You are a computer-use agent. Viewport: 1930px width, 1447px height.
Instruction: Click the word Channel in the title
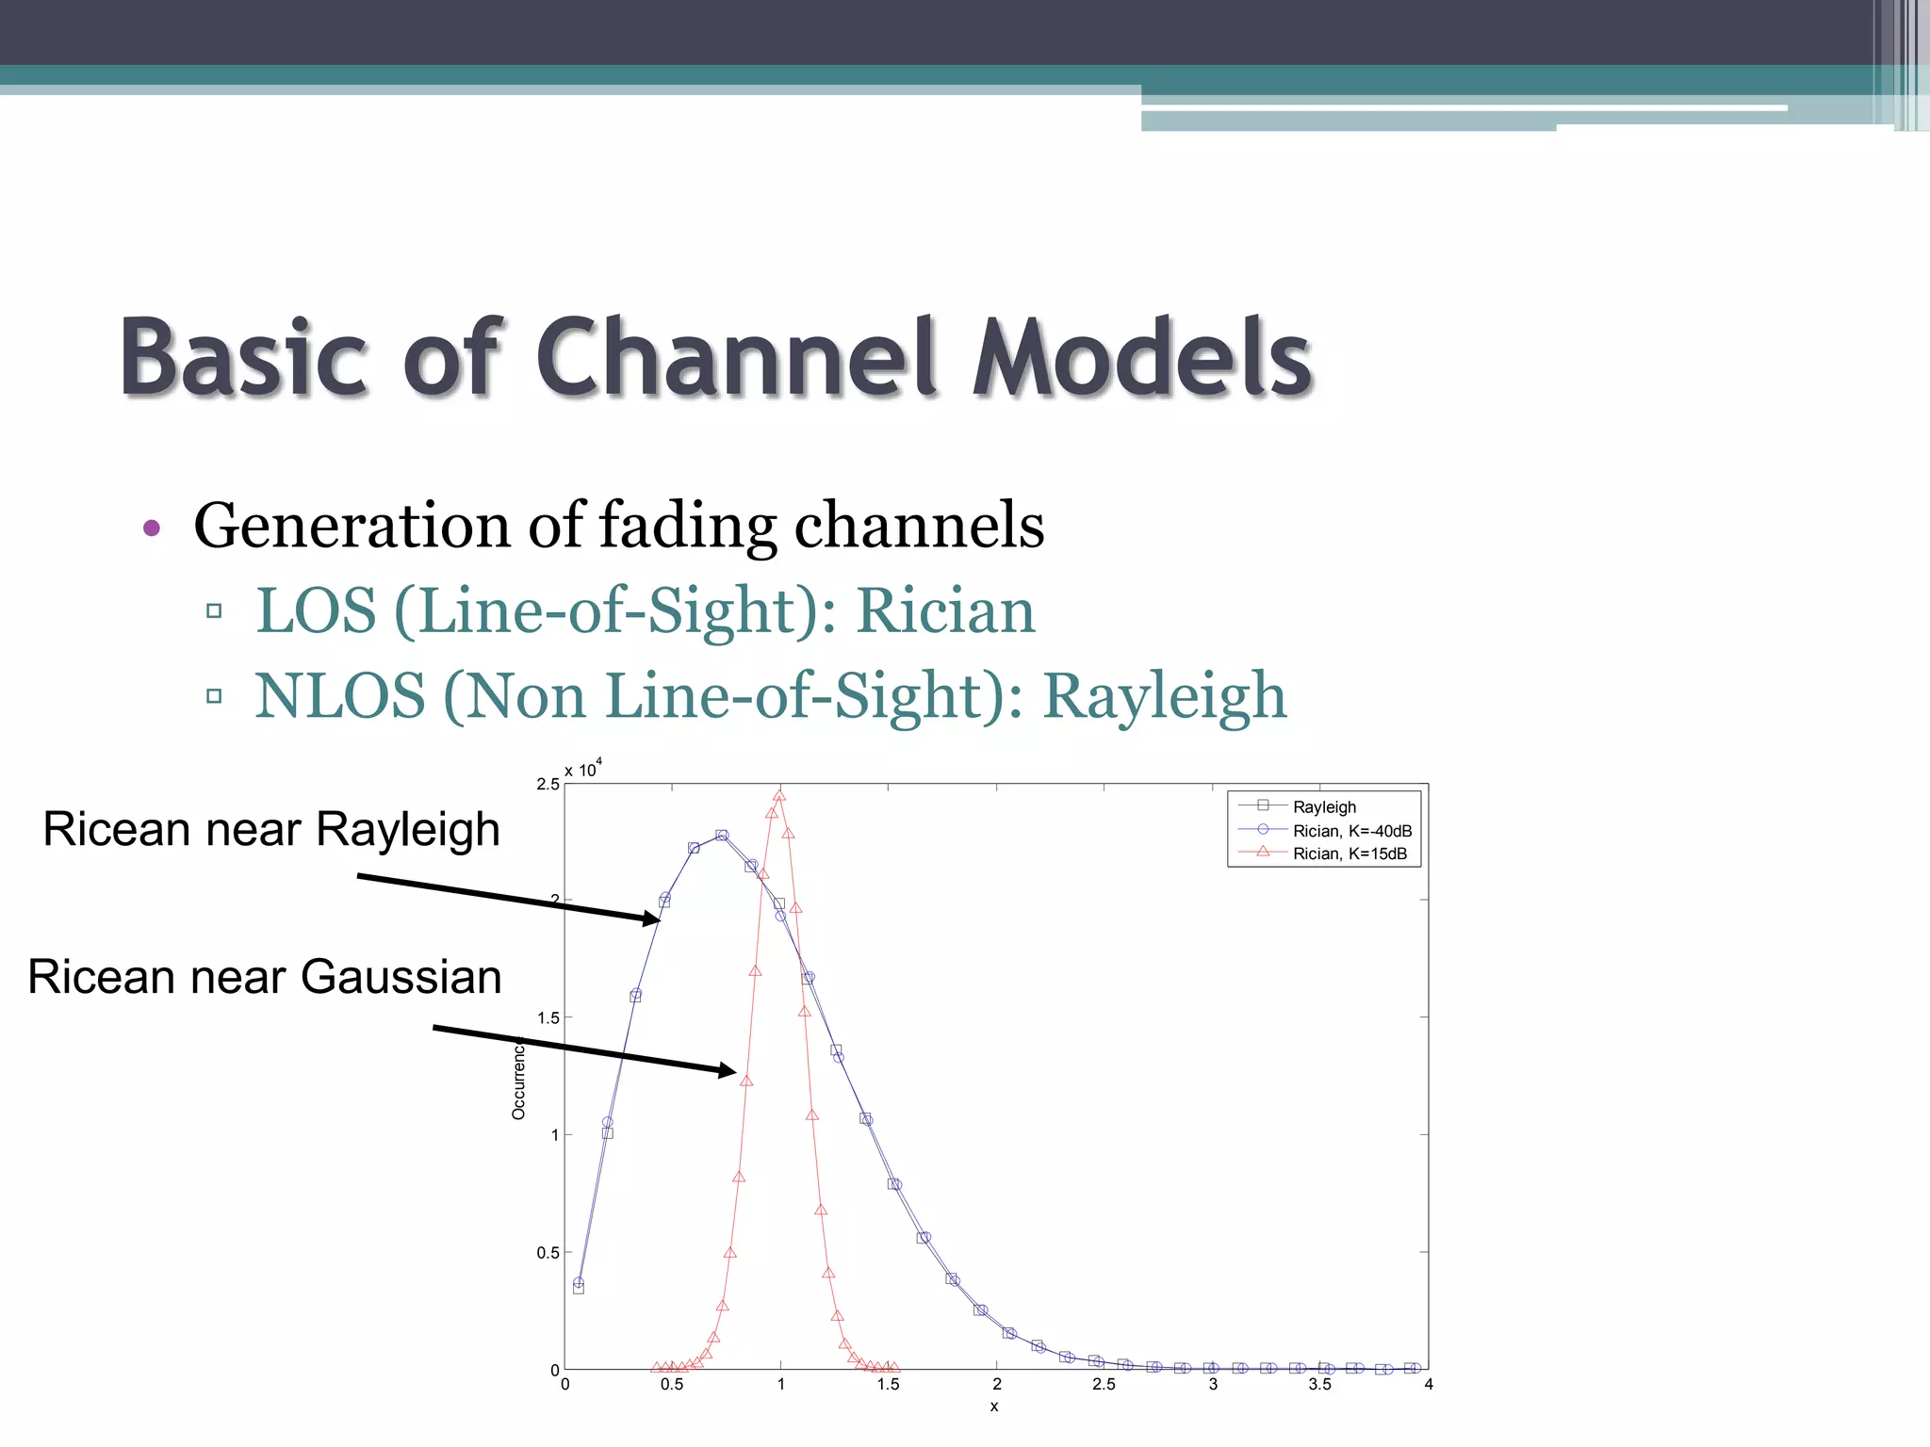[736, 358]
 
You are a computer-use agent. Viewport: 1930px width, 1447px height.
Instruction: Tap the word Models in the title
[1142, 358]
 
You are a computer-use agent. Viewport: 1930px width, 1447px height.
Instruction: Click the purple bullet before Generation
[152, 528]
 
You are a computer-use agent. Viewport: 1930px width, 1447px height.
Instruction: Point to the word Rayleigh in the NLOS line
[1164, 696]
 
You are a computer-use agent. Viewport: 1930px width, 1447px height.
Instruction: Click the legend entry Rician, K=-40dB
[1351, 831]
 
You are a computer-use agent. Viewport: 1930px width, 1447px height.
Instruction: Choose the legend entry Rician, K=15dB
[1349, 854]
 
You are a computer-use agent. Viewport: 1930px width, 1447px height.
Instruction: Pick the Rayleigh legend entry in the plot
[1323, 807]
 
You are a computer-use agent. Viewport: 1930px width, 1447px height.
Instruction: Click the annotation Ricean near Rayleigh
[271, 830]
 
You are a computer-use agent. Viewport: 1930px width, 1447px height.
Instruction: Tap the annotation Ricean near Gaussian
[265, 977]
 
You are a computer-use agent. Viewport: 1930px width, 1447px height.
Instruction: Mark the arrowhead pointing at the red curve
[728, 1070]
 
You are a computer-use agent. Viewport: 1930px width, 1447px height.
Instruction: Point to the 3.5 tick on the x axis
[1319, 1384]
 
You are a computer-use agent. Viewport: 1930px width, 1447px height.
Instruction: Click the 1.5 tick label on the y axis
[548, 1018]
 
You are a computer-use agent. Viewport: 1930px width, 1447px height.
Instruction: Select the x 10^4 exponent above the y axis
[583, 770]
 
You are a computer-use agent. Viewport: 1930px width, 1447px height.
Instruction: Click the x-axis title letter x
[994, 1406]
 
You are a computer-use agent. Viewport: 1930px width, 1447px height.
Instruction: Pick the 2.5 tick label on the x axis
[1104, 1384]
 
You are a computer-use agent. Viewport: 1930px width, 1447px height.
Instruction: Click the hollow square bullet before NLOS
[214, 696]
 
